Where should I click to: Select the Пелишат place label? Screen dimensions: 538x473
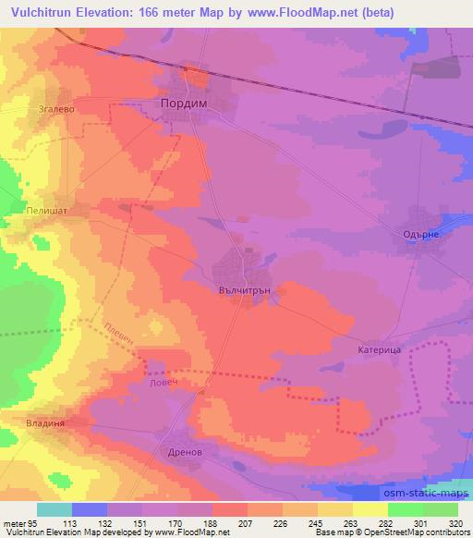point(43,211)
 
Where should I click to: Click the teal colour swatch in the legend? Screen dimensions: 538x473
point(55,509)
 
